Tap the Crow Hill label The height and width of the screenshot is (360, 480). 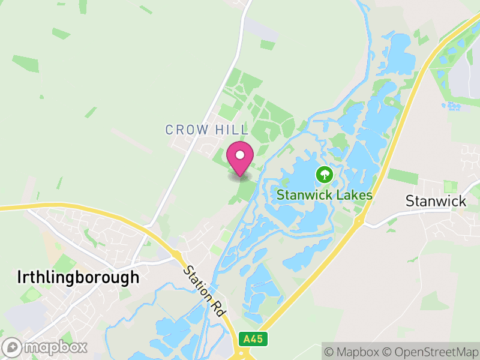coord(206,130)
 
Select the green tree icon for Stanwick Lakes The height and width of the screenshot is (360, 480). coord(325,175)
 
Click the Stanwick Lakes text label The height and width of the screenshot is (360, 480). coord(325,195)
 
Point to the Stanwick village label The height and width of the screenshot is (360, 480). coord(436,200)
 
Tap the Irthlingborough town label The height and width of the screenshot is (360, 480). coord(79,277)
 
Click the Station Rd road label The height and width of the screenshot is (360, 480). coord(205,292)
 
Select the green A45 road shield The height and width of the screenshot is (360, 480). coord(253,339)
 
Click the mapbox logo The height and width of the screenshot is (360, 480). coord(46,346)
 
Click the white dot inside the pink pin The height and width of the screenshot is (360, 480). coord(240,155)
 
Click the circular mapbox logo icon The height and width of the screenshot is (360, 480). coord(13,347)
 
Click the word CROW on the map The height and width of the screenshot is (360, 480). coord(187,130)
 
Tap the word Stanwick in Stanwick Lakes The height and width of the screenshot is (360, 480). coord(305,195)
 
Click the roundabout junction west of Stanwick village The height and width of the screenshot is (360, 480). coord(360,221)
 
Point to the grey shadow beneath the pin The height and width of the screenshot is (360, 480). coord(240,176)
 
